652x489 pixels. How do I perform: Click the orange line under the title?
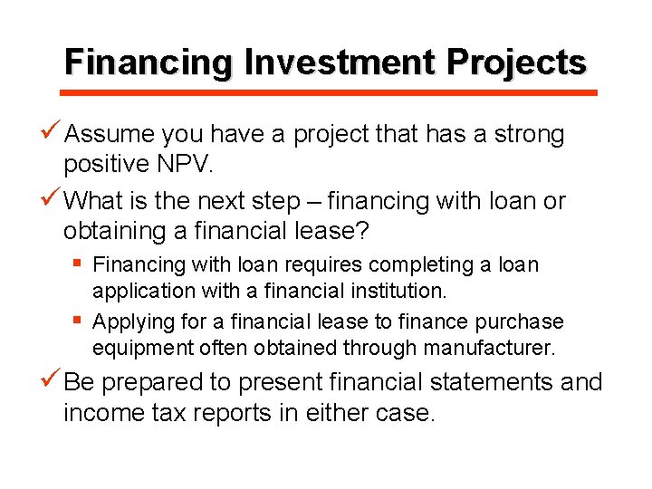(x=329, y=92)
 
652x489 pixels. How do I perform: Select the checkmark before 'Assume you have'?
(x=53, y=134)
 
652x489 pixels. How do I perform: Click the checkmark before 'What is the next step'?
(x=53, y=198)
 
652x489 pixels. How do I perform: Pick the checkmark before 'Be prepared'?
(x=53, y=381)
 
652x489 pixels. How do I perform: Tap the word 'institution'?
(x=397, y=291)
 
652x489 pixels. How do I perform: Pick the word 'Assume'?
(x=110, y=135)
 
